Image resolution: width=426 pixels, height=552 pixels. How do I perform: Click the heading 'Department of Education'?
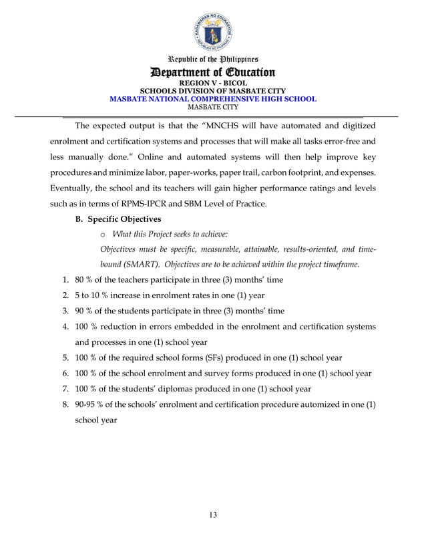point(213,72)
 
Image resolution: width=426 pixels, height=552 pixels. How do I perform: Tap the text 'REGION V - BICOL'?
point(213,84)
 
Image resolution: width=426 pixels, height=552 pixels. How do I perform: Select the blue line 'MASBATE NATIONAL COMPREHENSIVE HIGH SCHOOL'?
point(213,98)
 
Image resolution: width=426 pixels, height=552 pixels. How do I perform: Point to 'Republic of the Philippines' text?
point(213,59)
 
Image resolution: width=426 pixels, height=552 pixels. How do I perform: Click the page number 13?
point(213,514)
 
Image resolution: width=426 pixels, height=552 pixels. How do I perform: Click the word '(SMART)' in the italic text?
point(120,264)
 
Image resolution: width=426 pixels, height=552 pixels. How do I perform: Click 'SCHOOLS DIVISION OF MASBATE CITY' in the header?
point(213,91)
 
